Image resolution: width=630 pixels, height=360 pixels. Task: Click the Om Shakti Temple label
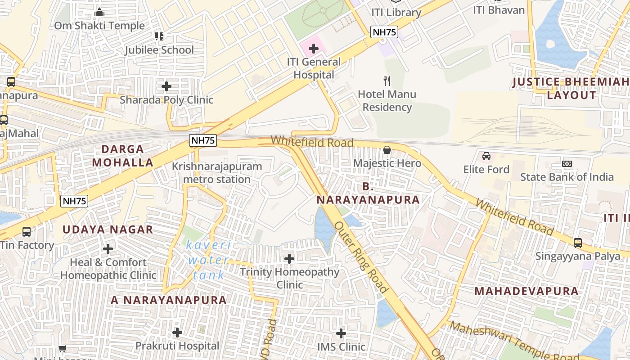(99, 26)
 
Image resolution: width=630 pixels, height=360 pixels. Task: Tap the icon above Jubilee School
(159, 36)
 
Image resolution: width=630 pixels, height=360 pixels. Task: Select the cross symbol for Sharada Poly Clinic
(166, 86)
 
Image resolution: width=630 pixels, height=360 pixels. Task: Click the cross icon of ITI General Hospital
(314, 49)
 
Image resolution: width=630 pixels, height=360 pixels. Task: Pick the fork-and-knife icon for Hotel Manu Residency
(387, 81)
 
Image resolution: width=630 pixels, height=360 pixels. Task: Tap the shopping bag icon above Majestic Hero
(387, 150)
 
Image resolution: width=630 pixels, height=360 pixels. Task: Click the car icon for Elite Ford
(486, 156)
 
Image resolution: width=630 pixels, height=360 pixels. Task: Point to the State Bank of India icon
(567, 164)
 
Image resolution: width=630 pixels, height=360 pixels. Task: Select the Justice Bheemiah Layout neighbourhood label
(571, 89)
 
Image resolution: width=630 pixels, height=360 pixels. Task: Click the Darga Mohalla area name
(123, 156)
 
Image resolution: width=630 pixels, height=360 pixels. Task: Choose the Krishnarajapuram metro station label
(217, 173)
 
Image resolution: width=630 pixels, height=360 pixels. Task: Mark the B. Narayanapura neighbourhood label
(368, 193)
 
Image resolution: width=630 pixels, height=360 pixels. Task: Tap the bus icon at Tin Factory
(27, 232)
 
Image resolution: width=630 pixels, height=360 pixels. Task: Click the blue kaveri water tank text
(209, 260)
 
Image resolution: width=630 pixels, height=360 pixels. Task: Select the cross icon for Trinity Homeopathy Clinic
(289, 259)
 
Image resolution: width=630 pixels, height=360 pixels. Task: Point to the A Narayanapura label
(169, 300)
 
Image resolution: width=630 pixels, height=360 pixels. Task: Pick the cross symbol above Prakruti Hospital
(177, 333)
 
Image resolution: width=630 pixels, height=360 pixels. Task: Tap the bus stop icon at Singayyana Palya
(578, 243)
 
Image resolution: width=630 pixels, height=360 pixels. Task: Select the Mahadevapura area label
(526, 291)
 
